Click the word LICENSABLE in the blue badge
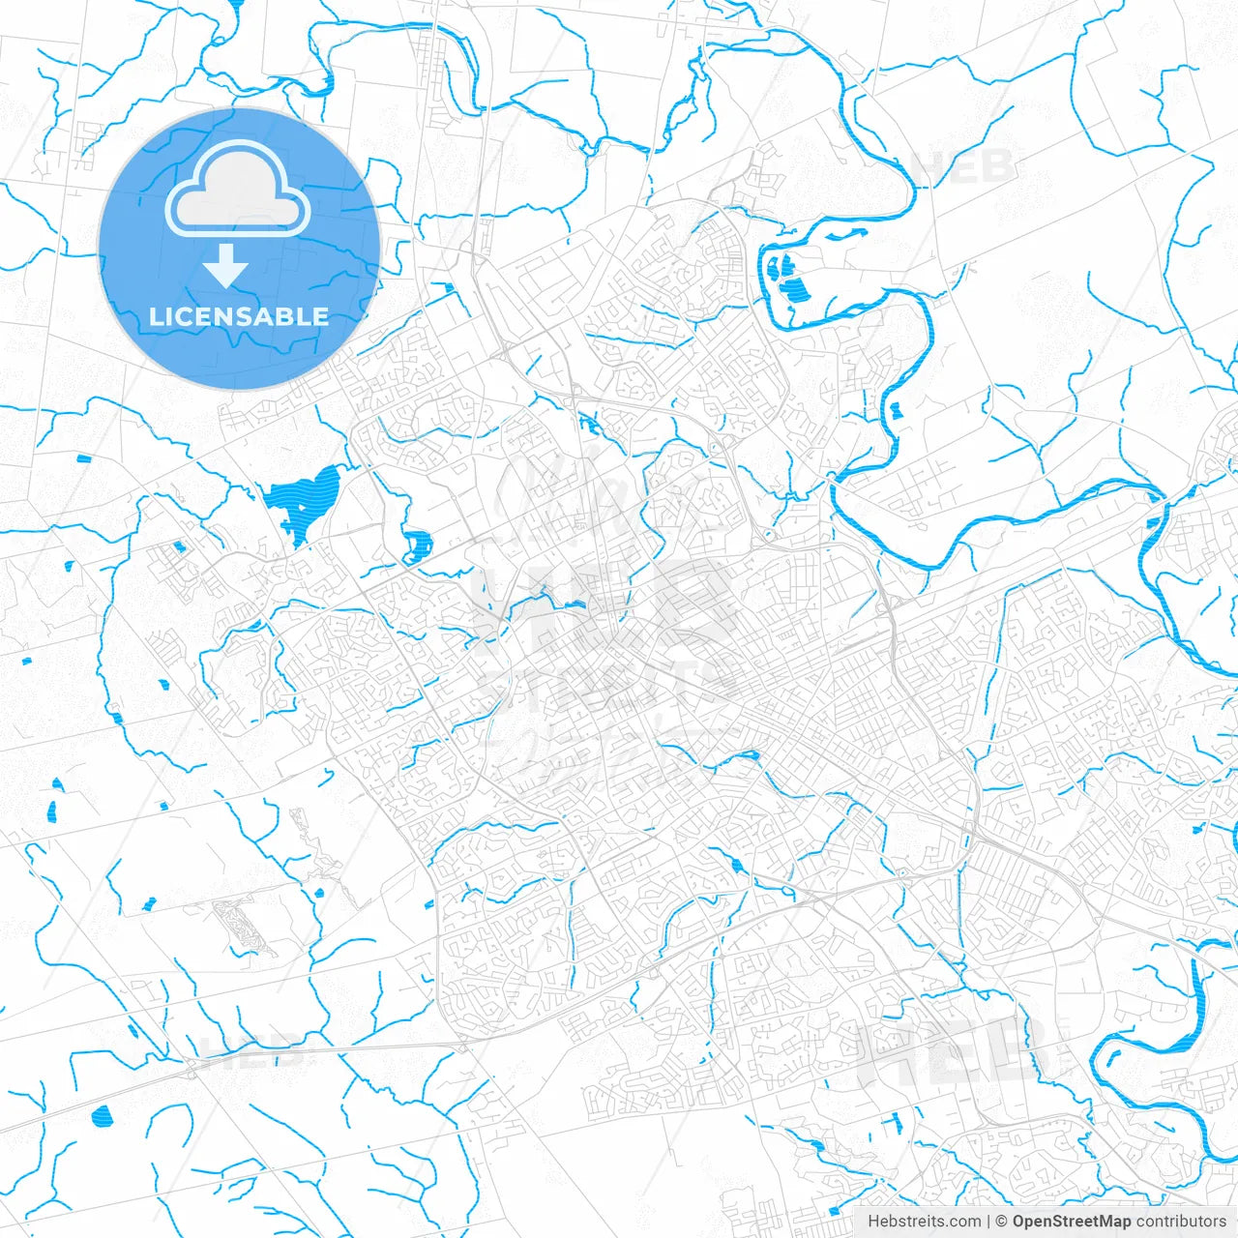238,316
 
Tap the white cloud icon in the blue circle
238,191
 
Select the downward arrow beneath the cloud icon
226,265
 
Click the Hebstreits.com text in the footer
924,1222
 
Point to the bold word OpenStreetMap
1072,1222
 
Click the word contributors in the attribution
1181,1222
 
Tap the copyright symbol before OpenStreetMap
1002,1222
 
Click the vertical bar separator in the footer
988,1222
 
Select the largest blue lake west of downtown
302,500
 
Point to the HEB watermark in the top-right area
963,167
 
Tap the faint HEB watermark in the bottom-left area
251,1051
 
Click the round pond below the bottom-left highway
101,1117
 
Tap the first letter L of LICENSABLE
155,316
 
